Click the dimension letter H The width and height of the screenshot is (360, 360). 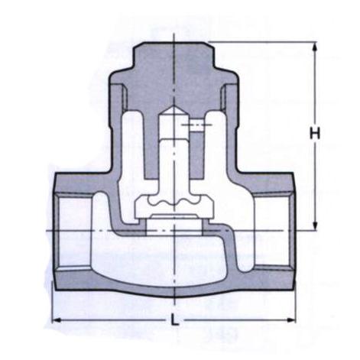coord(315,133)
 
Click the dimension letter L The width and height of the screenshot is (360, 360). coord(174,319)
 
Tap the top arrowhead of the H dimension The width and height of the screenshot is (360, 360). coord(315,47)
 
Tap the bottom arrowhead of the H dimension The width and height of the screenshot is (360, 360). coord(315,225)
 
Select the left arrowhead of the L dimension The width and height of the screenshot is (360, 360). coord(57,319)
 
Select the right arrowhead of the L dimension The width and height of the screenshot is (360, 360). coord(290,319)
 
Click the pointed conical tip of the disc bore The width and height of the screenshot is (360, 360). coord(174,106)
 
